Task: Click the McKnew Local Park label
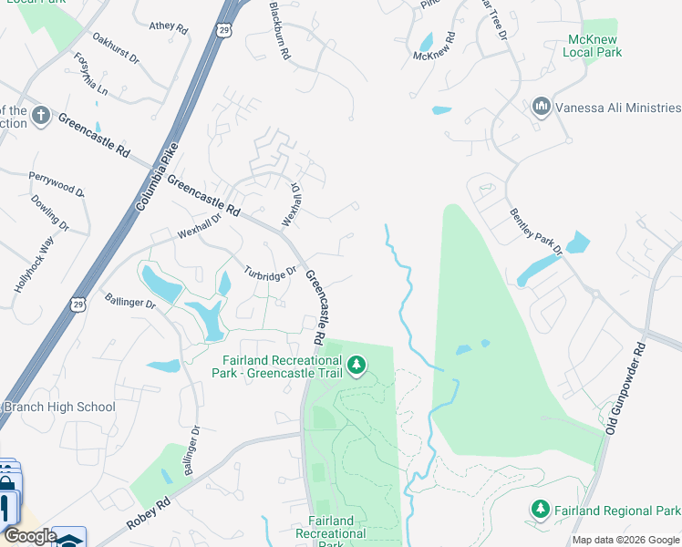coord(594,46)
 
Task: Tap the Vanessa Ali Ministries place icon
coord(542,107)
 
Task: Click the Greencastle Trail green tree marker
coord(356,366)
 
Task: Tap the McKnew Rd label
coord(433,50)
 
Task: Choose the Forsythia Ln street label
coord(91,75)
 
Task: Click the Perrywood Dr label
coord(57,183)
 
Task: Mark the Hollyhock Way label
coord(34,263)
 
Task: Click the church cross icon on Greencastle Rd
coord(39,116)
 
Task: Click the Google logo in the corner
coord(29,536)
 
